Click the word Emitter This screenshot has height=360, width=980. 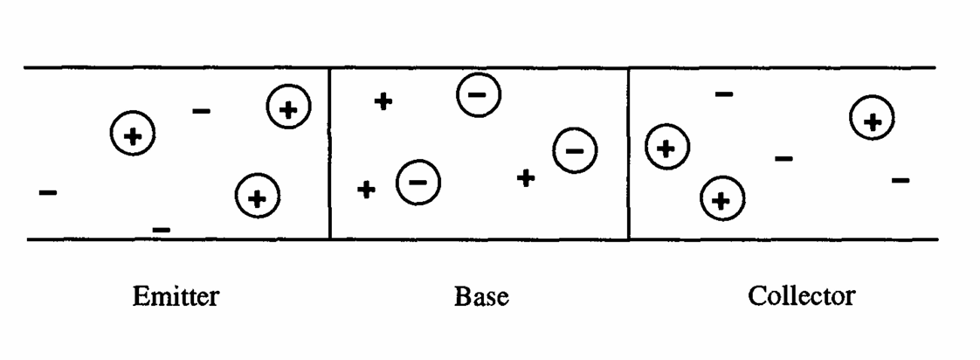click(x=175, y=297)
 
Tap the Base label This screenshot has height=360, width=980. click(x=481, y=297)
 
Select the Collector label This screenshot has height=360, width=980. click(x=801, y=296)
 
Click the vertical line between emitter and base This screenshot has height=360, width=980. click(x=329, y=153)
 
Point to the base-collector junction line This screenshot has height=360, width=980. click(x=629, y=153)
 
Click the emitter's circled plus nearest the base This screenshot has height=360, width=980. click(x=288, y=108)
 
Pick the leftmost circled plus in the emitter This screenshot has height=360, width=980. click(x=132, y=135)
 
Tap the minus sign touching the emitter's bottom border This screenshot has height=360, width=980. click(x=162, y=230)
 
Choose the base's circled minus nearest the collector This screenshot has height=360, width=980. click(x=575, y=150)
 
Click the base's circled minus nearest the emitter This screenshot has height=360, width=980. click(x=418, y=182)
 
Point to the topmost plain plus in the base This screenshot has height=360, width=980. click(x=383, y=101)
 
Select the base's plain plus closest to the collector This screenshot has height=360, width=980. click(x=525, y=177)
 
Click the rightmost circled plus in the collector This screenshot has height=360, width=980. click(x=871, y=121)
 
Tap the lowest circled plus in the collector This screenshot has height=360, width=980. click(x=721, y=200)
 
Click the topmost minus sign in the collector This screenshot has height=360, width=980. click(x=724, y=93)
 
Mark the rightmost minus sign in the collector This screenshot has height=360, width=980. click(x=901, y=181)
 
